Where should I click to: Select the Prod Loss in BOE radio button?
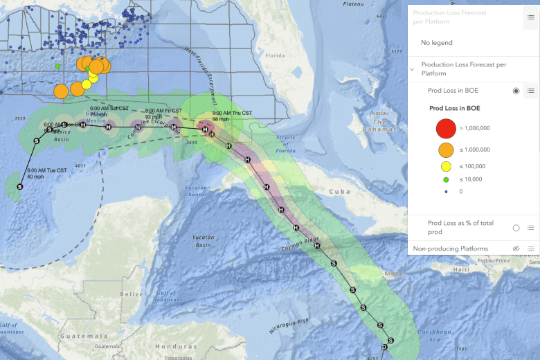click(x=516, y=91)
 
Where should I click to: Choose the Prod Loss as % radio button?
click(x=516, y=228)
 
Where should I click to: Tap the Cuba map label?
click(x=339, y=191)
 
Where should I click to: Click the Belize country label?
click(x=131, y=294)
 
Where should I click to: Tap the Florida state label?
click(x=276, y=55)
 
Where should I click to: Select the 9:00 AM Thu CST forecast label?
click(x=232, y=113)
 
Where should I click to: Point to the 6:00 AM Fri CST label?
click(x=163, y=111)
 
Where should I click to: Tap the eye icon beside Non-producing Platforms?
click(x=516, y=249)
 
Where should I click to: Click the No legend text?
click(x=437, y=43)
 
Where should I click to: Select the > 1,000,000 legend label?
click(x=475, y=128)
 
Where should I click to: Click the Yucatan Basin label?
click(x=204, y=240)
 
